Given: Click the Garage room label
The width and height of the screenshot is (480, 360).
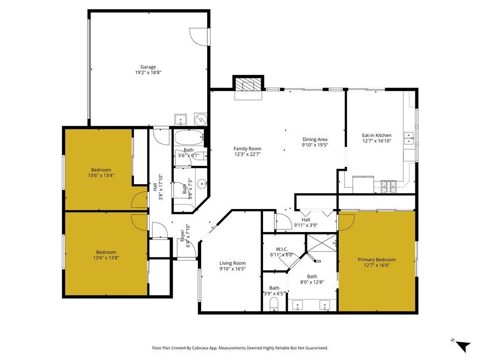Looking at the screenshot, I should pos(148,67).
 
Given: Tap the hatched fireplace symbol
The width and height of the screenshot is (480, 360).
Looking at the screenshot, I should pos(247,85).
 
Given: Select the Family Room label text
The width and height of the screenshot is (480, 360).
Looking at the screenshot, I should pos(247,149).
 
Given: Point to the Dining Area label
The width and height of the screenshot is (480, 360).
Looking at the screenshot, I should pos(315,139).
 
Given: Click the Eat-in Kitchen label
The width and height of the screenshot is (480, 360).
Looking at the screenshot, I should pos(376,135).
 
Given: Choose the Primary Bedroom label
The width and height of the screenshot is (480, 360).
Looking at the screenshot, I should pos(376,260).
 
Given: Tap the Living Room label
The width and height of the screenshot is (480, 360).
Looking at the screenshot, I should pos(233,263).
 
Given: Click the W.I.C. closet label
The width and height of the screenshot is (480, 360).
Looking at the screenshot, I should pos(281,249).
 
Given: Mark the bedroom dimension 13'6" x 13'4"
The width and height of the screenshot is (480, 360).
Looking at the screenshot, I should pos(101,175).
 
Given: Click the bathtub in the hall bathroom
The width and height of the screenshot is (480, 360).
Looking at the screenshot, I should pos(188,139).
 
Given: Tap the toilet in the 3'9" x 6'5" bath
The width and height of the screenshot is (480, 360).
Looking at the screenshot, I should pos(275,307).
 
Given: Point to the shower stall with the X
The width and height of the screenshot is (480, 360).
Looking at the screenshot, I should pos(322,243).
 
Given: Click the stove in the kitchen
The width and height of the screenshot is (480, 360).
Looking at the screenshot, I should pos(389,187).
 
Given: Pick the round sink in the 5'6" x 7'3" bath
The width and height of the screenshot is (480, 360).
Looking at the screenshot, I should pos(202,184).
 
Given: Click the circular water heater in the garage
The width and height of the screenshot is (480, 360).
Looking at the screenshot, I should pos(200,120).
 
